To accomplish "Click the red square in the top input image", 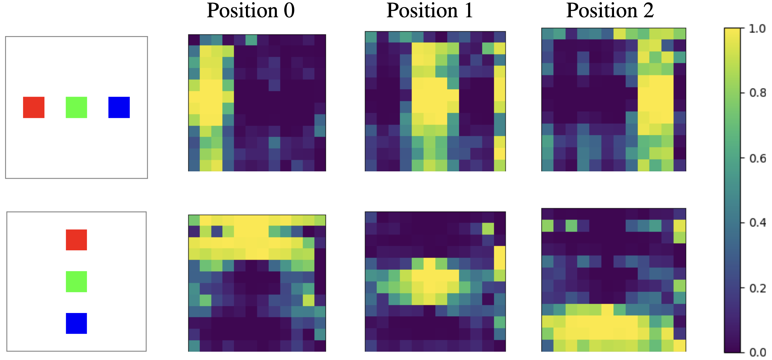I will tap(34, 107).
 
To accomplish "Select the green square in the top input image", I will tap(76, 107).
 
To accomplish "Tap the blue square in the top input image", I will tap(119, 107).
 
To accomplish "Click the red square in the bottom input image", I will tap(76, 240).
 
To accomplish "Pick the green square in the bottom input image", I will tap(76, 282).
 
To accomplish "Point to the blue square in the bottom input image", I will tap(76, 323).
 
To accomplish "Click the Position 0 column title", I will tap(251, 11).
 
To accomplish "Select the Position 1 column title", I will tap(429, 11).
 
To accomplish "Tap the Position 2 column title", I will tap(610, 11).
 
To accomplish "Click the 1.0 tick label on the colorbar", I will tap(757, 29).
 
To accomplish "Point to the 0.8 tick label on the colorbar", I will tap(757, 93).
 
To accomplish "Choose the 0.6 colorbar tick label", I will tap(757, 159).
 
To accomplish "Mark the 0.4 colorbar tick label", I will tap(757, 223).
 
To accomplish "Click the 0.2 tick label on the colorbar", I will tap(757, 288).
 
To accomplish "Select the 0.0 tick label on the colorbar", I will tap(757, 353).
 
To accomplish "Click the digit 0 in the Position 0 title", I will tap(289, 11).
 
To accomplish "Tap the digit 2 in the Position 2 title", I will tap(648, 11).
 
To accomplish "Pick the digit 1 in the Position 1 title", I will tap(469, 11).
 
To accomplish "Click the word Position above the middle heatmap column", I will tap(422, 11).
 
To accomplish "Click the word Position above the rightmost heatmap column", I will tap(602, 11).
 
